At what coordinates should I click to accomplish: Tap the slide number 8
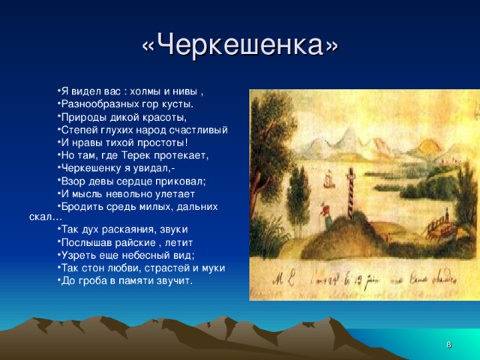[448, 344]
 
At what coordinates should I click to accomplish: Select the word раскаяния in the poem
[121, 229]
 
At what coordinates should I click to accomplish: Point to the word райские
[134, 242]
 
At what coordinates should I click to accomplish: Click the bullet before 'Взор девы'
[58, 181]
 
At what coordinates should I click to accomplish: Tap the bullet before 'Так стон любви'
[58, 268]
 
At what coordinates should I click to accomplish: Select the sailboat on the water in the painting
[327, 181]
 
